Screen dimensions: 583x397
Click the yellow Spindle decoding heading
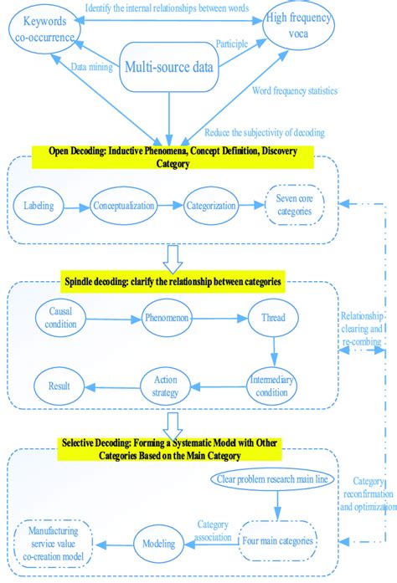point(171,281)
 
